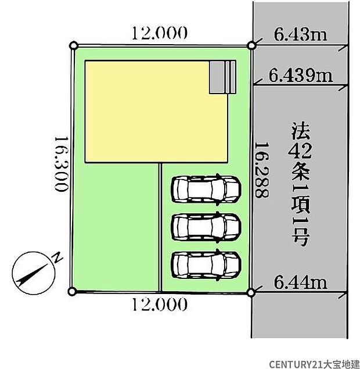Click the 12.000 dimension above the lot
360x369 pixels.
[x=160, y=33]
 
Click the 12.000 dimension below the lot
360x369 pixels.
[x=160, y=303]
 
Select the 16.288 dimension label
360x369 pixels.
[x=262, y=171]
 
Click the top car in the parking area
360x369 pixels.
[x=205, y=189]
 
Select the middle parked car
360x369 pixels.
[x=205, y=226]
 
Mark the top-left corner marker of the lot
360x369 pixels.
[x=73, y=45]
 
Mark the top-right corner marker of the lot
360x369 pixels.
[x=251, y=45]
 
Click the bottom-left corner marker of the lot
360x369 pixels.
[x=72, y=291]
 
